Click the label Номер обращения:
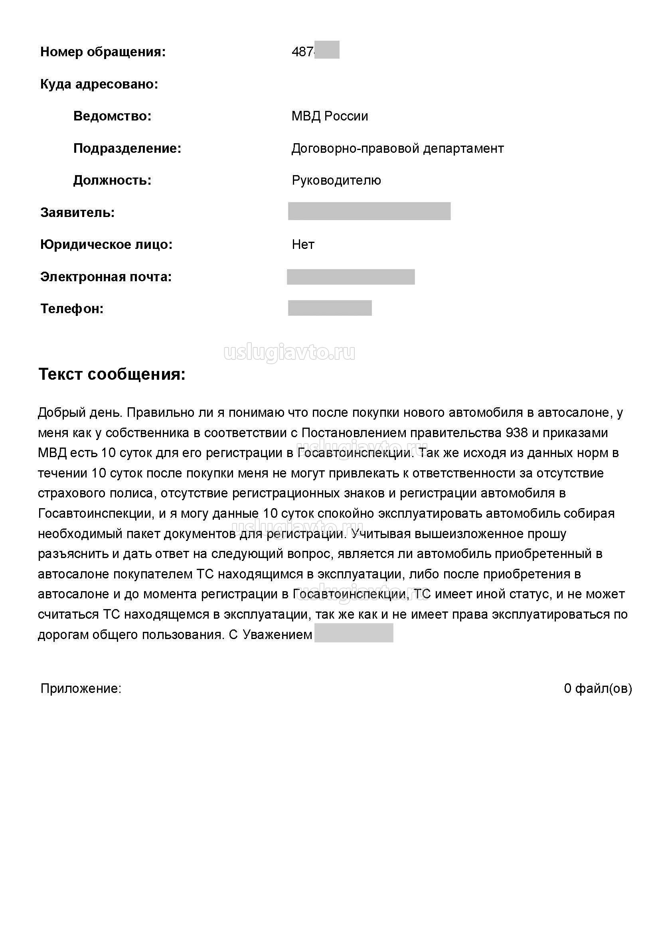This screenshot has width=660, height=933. [103, 52]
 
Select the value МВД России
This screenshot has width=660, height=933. [330, 116]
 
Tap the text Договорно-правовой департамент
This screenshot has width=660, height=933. [397, 148]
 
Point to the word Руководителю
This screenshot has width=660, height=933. [336, 180]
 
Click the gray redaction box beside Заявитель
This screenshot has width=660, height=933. [369, 211]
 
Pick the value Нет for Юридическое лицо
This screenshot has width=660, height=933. [303, 245]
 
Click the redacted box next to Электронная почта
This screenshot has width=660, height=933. [351, 277]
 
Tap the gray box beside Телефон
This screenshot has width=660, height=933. [330, 308]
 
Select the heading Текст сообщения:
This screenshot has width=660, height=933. [112, 374]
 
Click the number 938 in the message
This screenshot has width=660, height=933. [516, 433]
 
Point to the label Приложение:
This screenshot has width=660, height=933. [81, 688]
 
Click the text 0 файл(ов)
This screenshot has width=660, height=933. [598, 688]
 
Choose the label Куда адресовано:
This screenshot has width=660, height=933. [99, 85]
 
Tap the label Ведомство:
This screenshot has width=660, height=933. [112, 116]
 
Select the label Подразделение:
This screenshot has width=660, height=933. [127, 148]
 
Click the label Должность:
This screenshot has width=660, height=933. [112, 180]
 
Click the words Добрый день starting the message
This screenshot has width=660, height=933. [79, 413]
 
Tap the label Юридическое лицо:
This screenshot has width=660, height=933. [106, 245]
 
